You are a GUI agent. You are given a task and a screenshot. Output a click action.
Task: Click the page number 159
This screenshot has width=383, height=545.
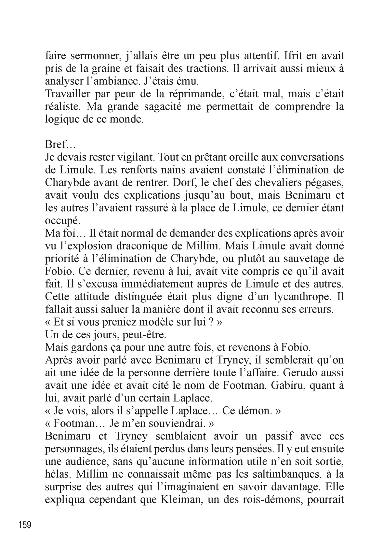[25, 525]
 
